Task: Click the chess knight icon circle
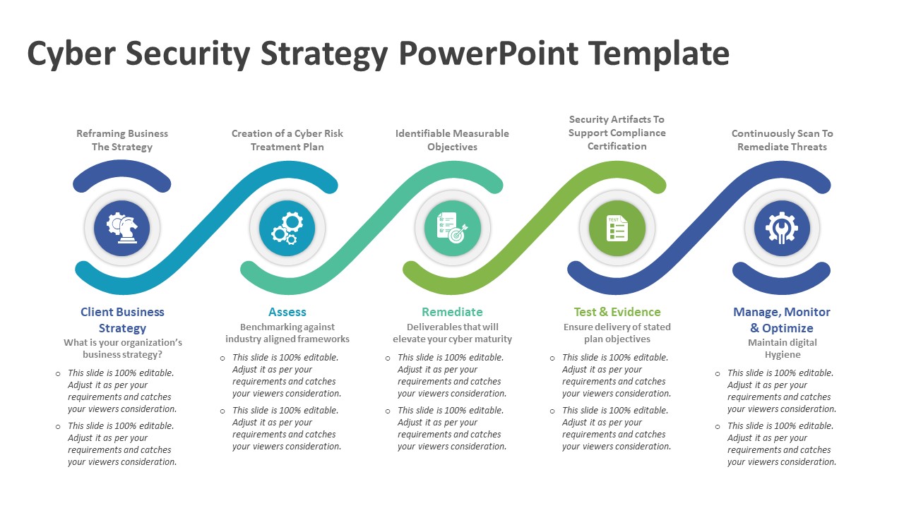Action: click(122, 227)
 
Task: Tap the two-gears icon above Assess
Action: click(287, 227)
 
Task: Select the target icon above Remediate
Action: click(452, 227)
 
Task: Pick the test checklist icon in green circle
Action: click(617, 227)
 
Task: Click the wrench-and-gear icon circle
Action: click(782, 227)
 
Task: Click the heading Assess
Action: click(287, 312)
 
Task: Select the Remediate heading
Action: click(452, 312)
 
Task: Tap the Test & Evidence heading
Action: click(617, 312)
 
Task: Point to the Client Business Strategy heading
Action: click(122, 320)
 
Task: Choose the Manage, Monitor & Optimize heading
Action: click(782, 320)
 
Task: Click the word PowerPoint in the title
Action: click(488, 54)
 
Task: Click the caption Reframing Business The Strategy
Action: click(122, 140)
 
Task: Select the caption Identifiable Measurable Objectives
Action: click(452, 140)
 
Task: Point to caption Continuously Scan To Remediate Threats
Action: click(782, 140)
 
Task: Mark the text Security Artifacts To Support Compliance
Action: click(617, 126)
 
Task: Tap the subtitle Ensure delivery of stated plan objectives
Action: click(617, 333)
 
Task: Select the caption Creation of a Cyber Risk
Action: click(287, 133)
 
